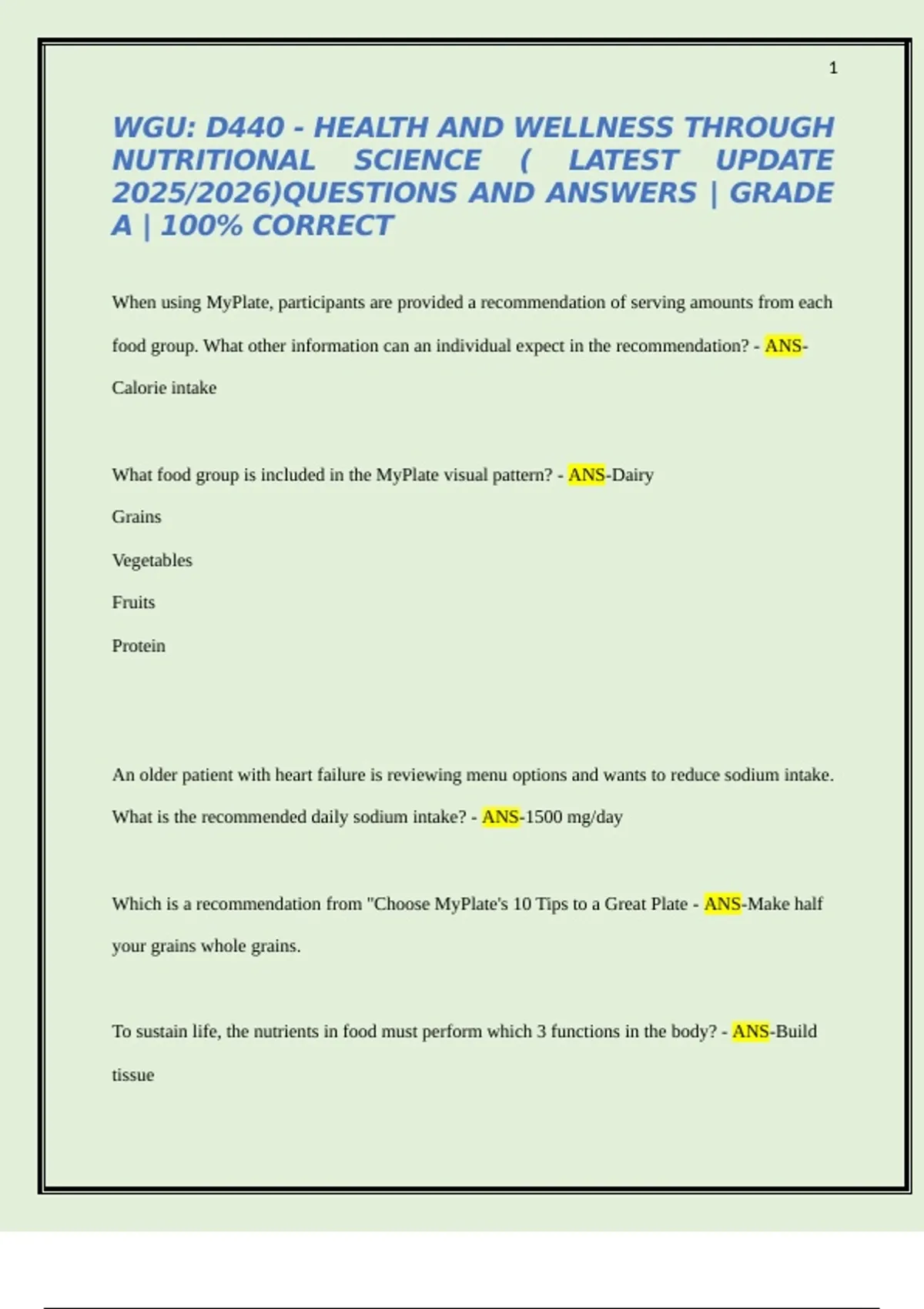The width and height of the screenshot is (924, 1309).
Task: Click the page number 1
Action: pos(833,69)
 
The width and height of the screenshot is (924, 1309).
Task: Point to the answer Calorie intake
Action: pos(164,388)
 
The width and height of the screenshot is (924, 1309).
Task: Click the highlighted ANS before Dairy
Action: pos(587,475)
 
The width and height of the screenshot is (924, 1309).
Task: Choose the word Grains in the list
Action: pos(136,517)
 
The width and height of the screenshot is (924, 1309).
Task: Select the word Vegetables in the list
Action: pos(152,561)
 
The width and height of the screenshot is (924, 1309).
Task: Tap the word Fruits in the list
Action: pos(133,602)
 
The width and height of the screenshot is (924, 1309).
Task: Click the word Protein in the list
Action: pos(139,646)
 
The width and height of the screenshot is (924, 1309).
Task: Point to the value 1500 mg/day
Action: pos(574,817)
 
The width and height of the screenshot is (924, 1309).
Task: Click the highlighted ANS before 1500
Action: pos(500,817)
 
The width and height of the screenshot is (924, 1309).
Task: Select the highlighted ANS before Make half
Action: pos(722,904)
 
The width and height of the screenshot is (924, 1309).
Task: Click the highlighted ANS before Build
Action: pos(751,1032)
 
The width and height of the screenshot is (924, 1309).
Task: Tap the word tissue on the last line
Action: pos(132,1075)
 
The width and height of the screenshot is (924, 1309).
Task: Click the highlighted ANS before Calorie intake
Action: pos(783,346)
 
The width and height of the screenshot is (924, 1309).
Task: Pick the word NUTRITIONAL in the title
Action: pos(213,161)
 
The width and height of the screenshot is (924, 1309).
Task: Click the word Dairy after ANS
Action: pos(632,475)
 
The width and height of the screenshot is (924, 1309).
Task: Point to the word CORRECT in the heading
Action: pos(323,226)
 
